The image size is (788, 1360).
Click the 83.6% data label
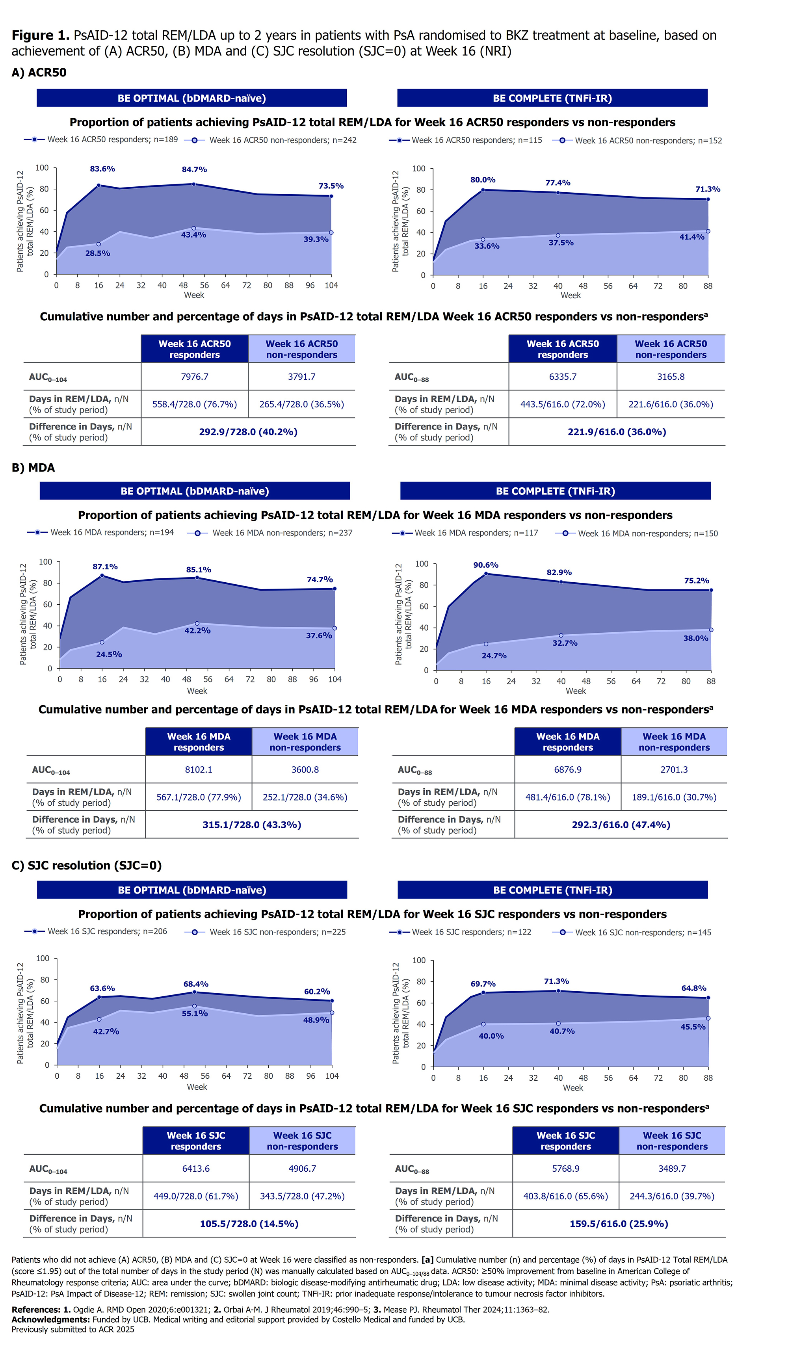point(102,169)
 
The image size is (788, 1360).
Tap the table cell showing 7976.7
point(194,377)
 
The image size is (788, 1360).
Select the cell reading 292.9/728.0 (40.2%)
point(248,432)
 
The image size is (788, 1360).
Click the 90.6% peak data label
point(486,565)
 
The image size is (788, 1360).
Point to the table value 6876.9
point(568,769)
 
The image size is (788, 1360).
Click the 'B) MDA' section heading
point(33,468)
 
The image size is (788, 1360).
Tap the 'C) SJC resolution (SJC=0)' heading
point(86,866)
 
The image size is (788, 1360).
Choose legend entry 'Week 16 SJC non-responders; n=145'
point(643,933)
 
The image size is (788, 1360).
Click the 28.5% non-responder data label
point(98,253)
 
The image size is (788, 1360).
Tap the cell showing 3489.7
point(672,1169)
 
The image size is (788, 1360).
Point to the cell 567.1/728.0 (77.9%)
point(199,797)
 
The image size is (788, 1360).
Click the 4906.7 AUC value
point(302,1169)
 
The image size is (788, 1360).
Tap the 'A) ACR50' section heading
point(39,73)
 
